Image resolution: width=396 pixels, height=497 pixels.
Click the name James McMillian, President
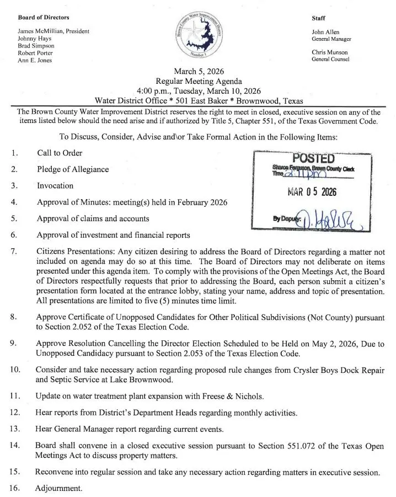53,31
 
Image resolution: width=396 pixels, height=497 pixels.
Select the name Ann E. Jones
35,60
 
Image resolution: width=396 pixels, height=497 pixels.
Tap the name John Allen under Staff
325,32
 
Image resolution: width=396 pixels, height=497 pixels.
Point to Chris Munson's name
329,52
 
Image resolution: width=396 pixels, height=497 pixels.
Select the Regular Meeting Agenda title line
199,81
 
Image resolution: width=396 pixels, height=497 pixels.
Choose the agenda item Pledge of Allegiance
73,169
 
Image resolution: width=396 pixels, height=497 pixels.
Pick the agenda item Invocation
55,186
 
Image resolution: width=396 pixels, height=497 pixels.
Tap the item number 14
15,445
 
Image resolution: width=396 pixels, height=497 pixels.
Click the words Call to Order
60,153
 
